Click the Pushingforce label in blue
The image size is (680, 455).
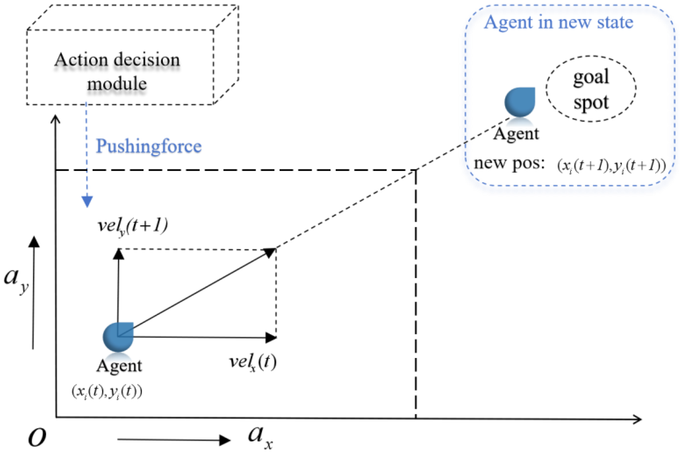(148, 146)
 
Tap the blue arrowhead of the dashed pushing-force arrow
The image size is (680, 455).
(87, 201)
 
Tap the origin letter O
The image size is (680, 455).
(37, 437)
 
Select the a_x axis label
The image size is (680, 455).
(259, 437)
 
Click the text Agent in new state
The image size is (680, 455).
(558, 22)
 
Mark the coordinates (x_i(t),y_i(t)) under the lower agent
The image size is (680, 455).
(107, 392)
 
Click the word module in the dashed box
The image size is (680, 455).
(117, 84)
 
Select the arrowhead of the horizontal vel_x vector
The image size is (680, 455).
(271, 338)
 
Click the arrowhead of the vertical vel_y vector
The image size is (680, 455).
(118, 254)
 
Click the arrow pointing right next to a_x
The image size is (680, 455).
(174, 440)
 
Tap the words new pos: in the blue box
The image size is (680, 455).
(509, 163)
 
